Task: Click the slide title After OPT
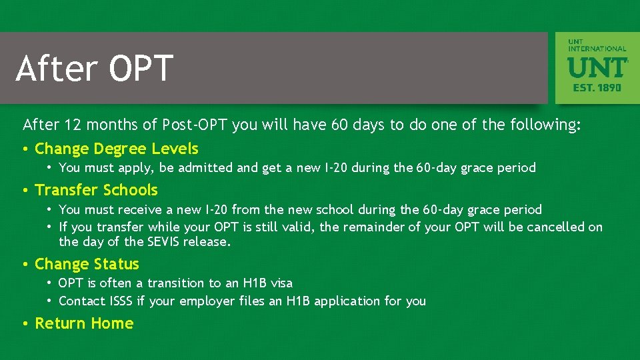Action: tap(94, 68)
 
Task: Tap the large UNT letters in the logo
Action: tap(597, 67)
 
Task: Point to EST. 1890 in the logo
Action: tap(597, 87)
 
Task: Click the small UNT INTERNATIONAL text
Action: tap(597, 45)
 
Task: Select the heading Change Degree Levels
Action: tap(116, 149)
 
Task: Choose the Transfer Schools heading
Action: tap(96, 191)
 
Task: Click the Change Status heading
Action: tap(87, 265)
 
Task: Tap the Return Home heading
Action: tap(84, 323)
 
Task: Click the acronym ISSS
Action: tap(121, 301)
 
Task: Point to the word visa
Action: tap(281, 283)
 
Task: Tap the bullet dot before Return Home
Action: tap(25, 324)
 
